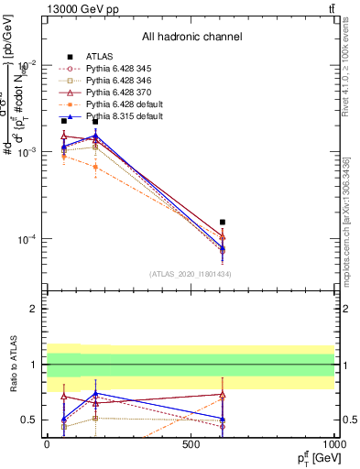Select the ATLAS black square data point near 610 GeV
tap(223, 222)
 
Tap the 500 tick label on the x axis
tap(191, 444)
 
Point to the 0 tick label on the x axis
tap(47, 444)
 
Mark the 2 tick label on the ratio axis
tap(33, 309)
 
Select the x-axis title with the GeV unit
tap(311, 458)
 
